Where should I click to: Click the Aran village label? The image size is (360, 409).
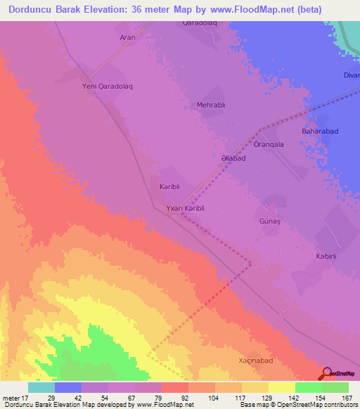(x=127, y=37)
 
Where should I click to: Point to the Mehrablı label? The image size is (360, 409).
(x=211, y=105)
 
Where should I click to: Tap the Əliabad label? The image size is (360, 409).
(x=233, y=159)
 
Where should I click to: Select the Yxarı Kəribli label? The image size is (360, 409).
(x=185, y=209)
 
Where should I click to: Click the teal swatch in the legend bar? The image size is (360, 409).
(x=41, y=387)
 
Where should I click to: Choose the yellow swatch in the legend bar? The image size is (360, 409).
(x=281, y=387)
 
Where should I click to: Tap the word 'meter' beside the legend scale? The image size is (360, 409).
(x=11, y=397)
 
